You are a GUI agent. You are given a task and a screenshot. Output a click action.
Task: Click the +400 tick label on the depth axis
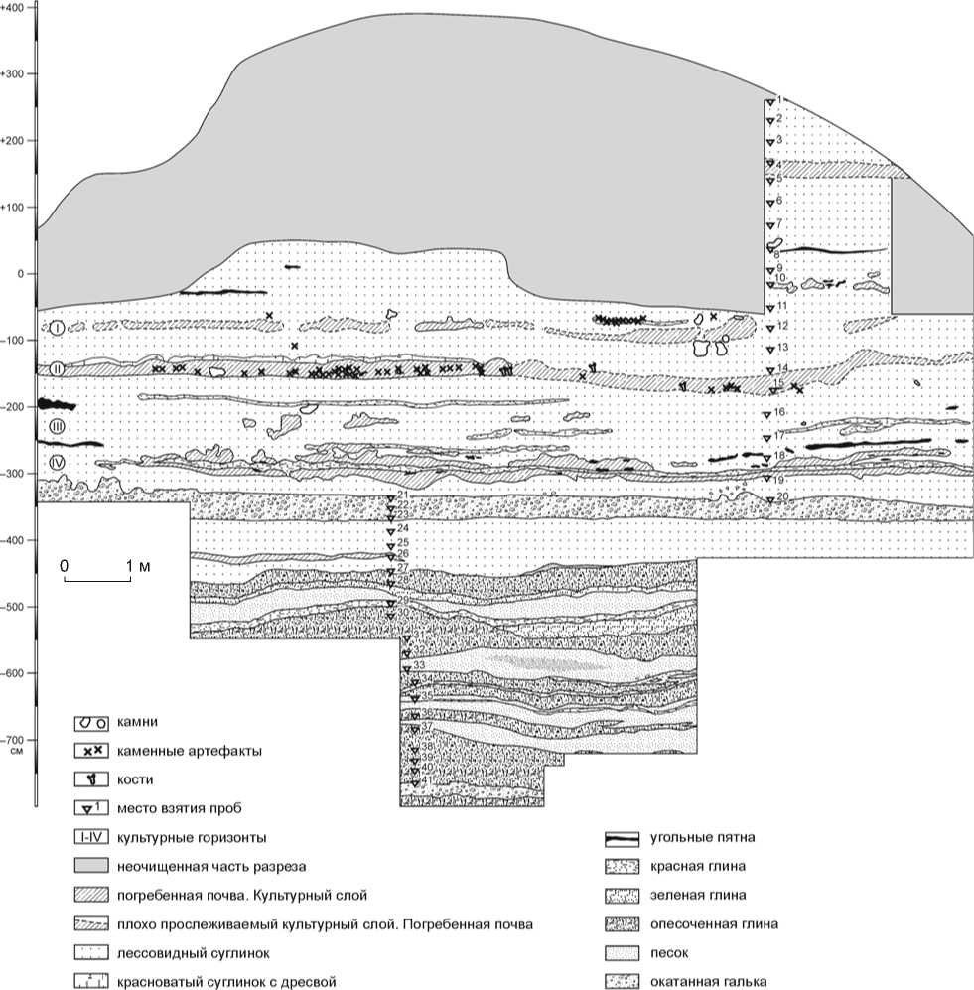click(15, 7)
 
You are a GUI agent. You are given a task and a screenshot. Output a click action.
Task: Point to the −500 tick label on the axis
click(15, 607)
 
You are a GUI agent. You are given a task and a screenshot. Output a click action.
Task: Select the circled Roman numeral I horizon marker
click(58, 327)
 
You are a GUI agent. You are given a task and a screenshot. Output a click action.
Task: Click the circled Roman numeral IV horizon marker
click(58, 464)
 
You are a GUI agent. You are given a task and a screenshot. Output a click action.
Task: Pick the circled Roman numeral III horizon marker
click(58, 426)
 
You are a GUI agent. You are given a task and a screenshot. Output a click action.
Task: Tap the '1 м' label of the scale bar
click(136, 565)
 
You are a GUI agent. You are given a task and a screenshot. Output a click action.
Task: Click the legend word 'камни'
click(137, 722)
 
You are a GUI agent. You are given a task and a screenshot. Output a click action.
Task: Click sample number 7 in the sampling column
click(780, 223)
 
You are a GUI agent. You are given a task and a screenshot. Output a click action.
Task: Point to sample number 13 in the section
click(782, 347)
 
